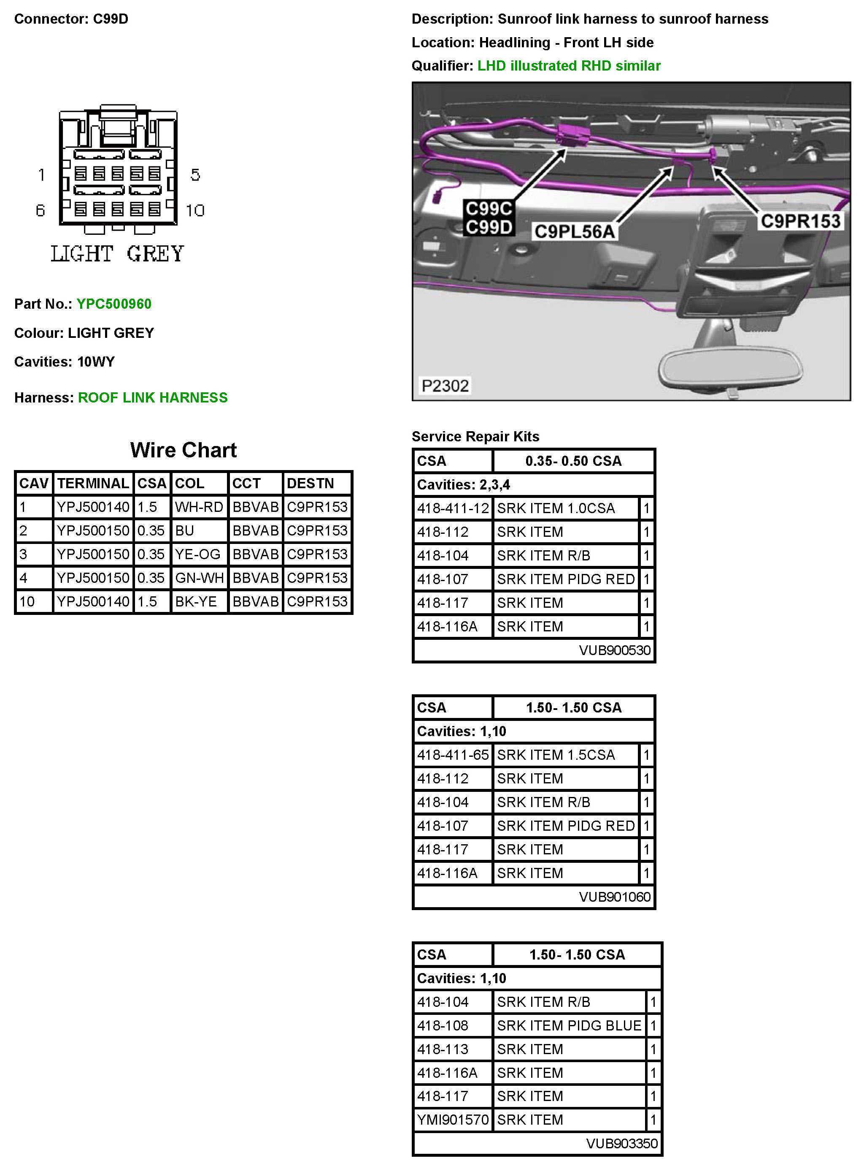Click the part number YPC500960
tap(114, 304)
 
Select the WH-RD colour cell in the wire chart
tap(199, 507)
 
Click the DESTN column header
tap(310, 483)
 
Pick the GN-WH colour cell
tap(199, 578)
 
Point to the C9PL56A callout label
tap(574, 231)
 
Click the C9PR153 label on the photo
tap(800, 221)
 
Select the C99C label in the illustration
tap(489, 209)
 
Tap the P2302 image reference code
tap(445, 386)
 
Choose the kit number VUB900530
tap(615, 650)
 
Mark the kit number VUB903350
tap(621, 1143)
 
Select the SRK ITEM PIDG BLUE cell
tap(569, 1025)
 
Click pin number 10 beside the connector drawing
tap(195, 210)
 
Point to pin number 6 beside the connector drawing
tap(40, 210)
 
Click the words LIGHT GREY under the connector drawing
tap(118, 254)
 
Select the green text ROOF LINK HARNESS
tap(153, 398)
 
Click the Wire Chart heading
tap(183, 450)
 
